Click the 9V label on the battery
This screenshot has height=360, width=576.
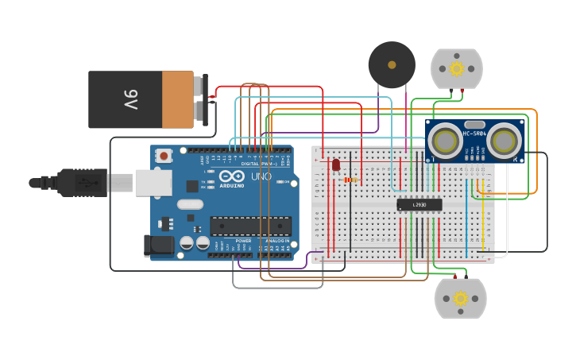[x=130, y=100]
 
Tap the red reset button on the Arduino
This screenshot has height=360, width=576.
[x=164, y=156]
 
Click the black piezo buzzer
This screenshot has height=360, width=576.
[x=392, y=65]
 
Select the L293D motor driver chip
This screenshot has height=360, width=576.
[x=419, y=205]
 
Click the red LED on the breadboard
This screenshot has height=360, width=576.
[x=336, y=165]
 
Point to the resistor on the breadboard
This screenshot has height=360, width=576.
[x=351, y=180]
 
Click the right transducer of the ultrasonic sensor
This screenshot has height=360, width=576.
[x=504, y=141]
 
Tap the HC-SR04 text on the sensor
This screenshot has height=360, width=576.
[x=474, y=133]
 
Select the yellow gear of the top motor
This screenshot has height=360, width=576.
[x=457, y=68]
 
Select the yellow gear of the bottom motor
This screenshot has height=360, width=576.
[x=460, y=299]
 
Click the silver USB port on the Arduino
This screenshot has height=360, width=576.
[x=153, y=183]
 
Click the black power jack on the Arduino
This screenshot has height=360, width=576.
[x=159, y=245]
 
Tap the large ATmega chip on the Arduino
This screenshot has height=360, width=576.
[x=250, y=226]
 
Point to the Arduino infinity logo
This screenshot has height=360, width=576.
[x=233, y=176]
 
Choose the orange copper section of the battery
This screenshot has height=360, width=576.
[x=178, y=100]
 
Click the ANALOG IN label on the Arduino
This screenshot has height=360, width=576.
[x=276, y=241]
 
